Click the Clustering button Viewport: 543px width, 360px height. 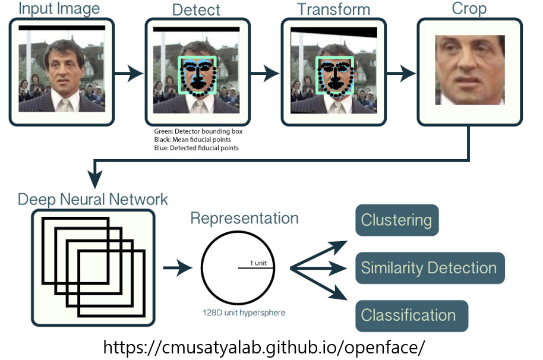point(397,220)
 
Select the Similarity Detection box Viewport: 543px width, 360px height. point(429,268)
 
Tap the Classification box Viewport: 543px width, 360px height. point(409,315)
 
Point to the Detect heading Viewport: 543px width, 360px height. point(196,10)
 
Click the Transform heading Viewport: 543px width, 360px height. point(333,10)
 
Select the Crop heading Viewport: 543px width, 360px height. point(470,10)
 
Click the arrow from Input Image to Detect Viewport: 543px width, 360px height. point(128,74)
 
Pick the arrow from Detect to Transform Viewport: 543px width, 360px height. point(264,74)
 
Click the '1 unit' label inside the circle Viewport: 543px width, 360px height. point(257,263)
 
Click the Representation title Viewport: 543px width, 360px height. point(244,218)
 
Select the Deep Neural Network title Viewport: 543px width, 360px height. point(93,199)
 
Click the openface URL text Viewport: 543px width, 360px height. point(264,347)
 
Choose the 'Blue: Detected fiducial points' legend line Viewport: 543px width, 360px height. point(195,147)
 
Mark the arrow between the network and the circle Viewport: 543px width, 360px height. point(177,268)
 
